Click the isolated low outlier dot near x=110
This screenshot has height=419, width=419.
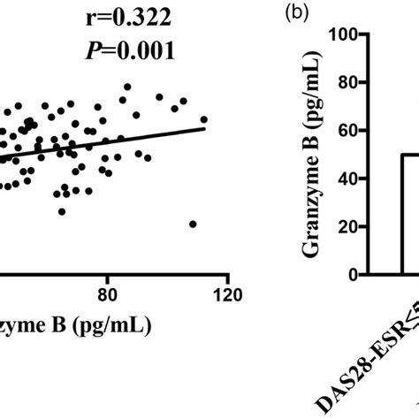point(193,223)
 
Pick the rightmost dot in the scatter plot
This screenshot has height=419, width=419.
point(204,119)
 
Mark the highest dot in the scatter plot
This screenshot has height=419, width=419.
point(127,87)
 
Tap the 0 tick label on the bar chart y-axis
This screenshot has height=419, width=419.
point(351,275)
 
